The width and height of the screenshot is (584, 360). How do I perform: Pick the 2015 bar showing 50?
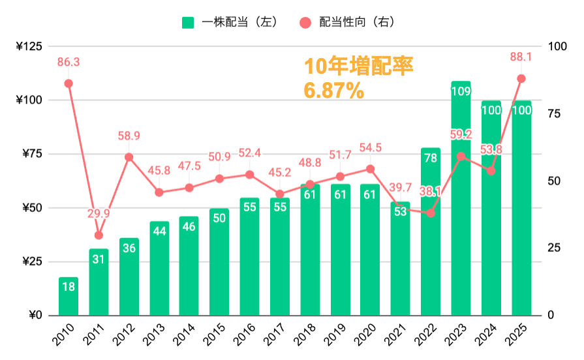pos(219,262)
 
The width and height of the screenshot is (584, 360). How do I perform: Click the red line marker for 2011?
pos(99,235)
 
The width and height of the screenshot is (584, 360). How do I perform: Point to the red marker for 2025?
pos(521,78)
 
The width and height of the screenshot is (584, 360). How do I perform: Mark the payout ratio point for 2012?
pos(129,157)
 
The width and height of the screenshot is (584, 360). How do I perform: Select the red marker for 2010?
pos(69,83)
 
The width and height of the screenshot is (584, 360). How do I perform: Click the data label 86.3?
pos(69,63)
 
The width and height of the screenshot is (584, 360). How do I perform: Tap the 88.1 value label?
pos(521,57)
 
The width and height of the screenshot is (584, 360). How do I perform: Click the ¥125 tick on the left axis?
pos(29,46)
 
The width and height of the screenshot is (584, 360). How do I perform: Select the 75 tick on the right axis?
pos(553,114)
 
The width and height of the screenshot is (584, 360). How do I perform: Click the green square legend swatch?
pos(188,22)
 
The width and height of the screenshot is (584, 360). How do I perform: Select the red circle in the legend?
pos(305,22)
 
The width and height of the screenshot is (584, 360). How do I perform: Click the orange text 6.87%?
pos(334,91)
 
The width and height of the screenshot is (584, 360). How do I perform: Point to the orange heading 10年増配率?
pos(359,67)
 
